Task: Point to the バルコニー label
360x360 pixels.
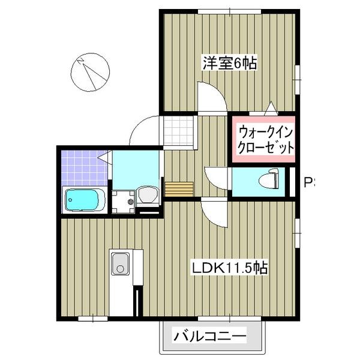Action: pos(210,336)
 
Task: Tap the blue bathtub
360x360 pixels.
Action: pos(84,199)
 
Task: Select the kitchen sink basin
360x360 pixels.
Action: pos(120,263)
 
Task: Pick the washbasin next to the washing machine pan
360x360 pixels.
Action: pos(147,195)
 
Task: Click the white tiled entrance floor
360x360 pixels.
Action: pos(177,131)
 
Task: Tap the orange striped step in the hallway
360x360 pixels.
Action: pos(179,189)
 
